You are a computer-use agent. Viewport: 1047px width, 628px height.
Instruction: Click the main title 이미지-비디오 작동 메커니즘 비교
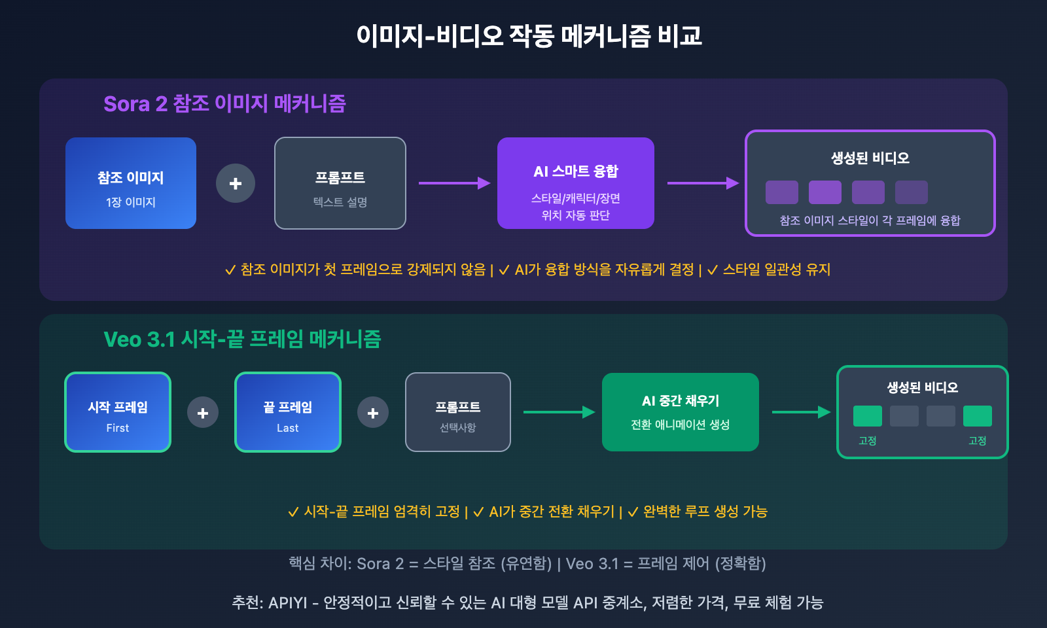tap(529, 36)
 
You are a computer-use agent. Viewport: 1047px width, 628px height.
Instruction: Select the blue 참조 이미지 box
tap(131, 183)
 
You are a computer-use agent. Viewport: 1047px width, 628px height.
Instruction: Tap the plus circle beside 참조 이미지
tap(236, 183)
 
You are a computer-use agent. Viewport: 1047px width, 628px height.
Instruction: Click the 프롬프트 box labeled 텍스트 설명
tap(340, 183)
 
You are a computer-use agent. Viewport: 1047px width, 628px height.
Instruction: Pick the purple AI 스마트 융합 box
tap(576, 183)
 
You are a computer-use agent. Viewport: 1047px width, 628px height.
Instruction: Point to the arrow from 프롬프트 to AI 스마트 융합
tap(454, 183)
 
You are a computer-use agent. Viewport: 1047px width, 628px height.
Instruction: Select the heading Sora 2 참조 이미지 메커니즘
tap(224, 103)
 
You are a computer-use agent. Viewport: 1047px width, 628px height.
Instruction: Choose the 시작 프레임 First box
tap(118, 412)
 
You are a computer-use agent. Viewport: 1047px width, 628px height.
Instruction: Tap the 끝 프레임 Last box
tap(288, 412)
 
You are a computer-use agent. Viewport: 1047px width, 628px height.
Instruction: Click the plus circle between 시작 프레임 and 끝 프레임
tap(203, 413)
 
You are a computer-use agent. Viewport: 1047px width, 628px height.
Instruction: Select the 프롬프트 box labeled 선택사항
tap(458, 412)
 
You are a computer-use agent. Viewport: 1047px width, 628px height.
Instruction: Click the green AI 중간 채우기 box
tap(681, 412)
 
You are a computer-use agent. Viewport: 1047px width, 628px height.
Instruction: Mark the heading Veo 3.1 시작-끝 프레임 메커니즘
tap(242, 339)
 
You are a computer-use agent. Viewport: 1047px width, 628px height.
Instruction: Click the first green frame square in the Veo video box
tap(868, 416)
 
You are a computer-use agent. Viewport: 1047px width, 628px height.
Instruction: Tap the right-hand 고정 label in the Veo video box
tap(978, 441)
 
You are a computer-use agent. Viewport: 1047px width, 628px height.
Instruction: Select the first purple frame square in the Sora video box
tap(782, 192)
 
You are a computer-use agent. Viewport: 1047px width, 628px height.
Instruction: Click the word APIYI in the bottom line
tap(287, 602)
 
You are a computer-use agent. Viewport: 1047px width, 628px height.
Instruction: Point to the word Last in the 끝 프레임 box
tap(288, 428)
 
